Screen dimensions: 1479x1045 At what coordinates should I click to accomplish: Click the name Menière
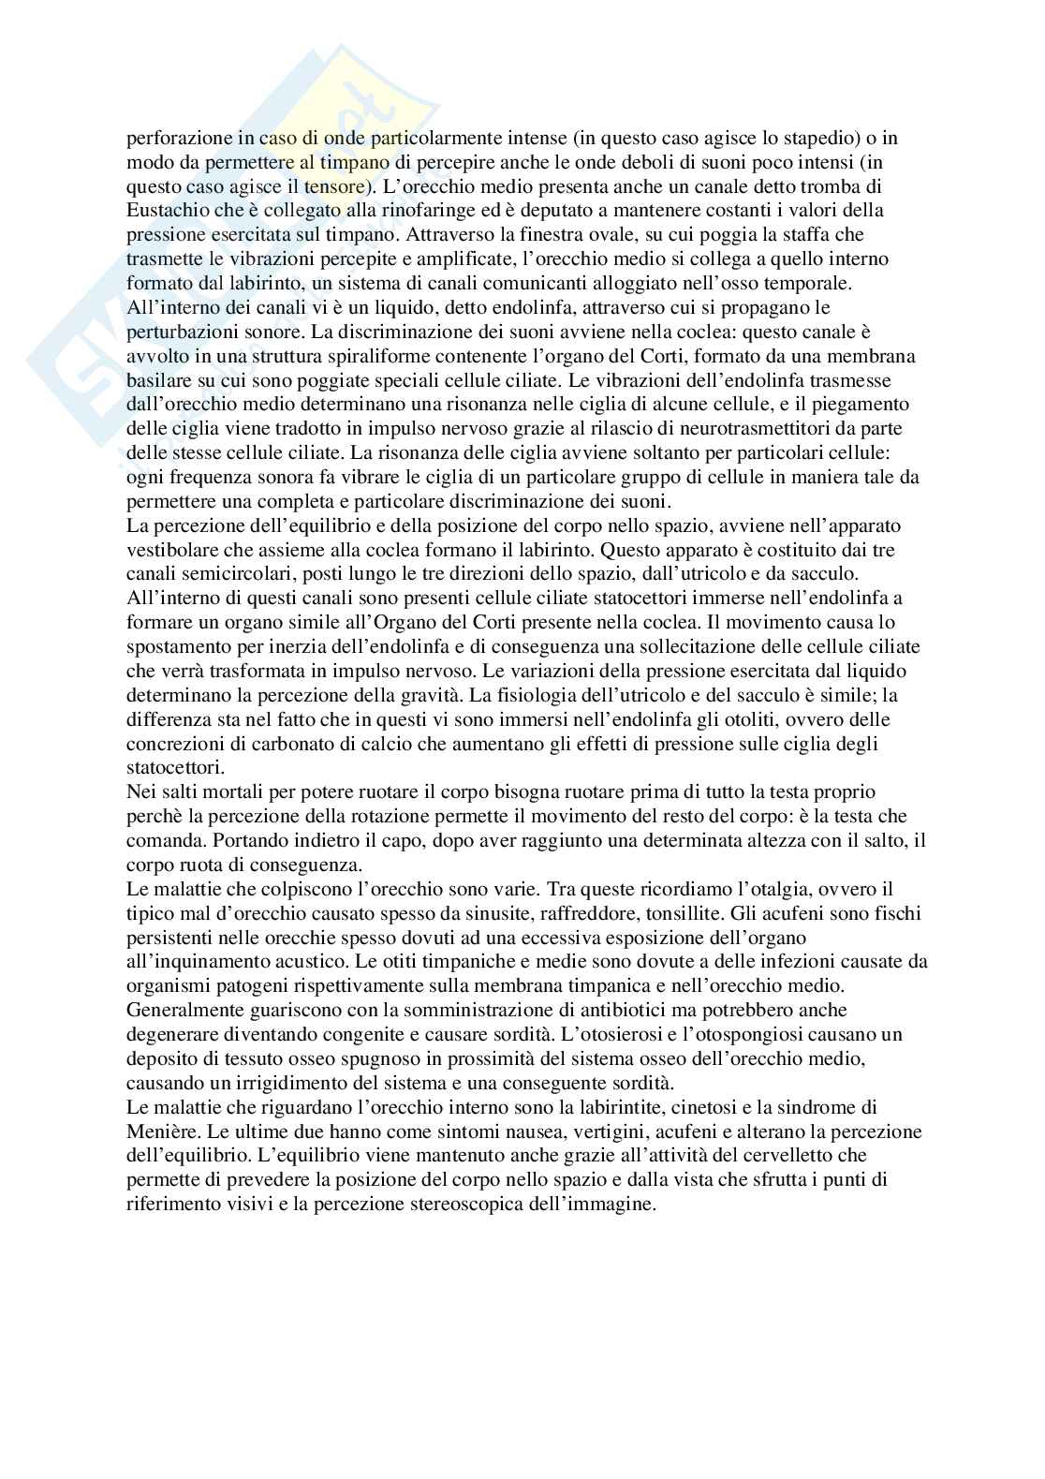(159, 1131)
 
